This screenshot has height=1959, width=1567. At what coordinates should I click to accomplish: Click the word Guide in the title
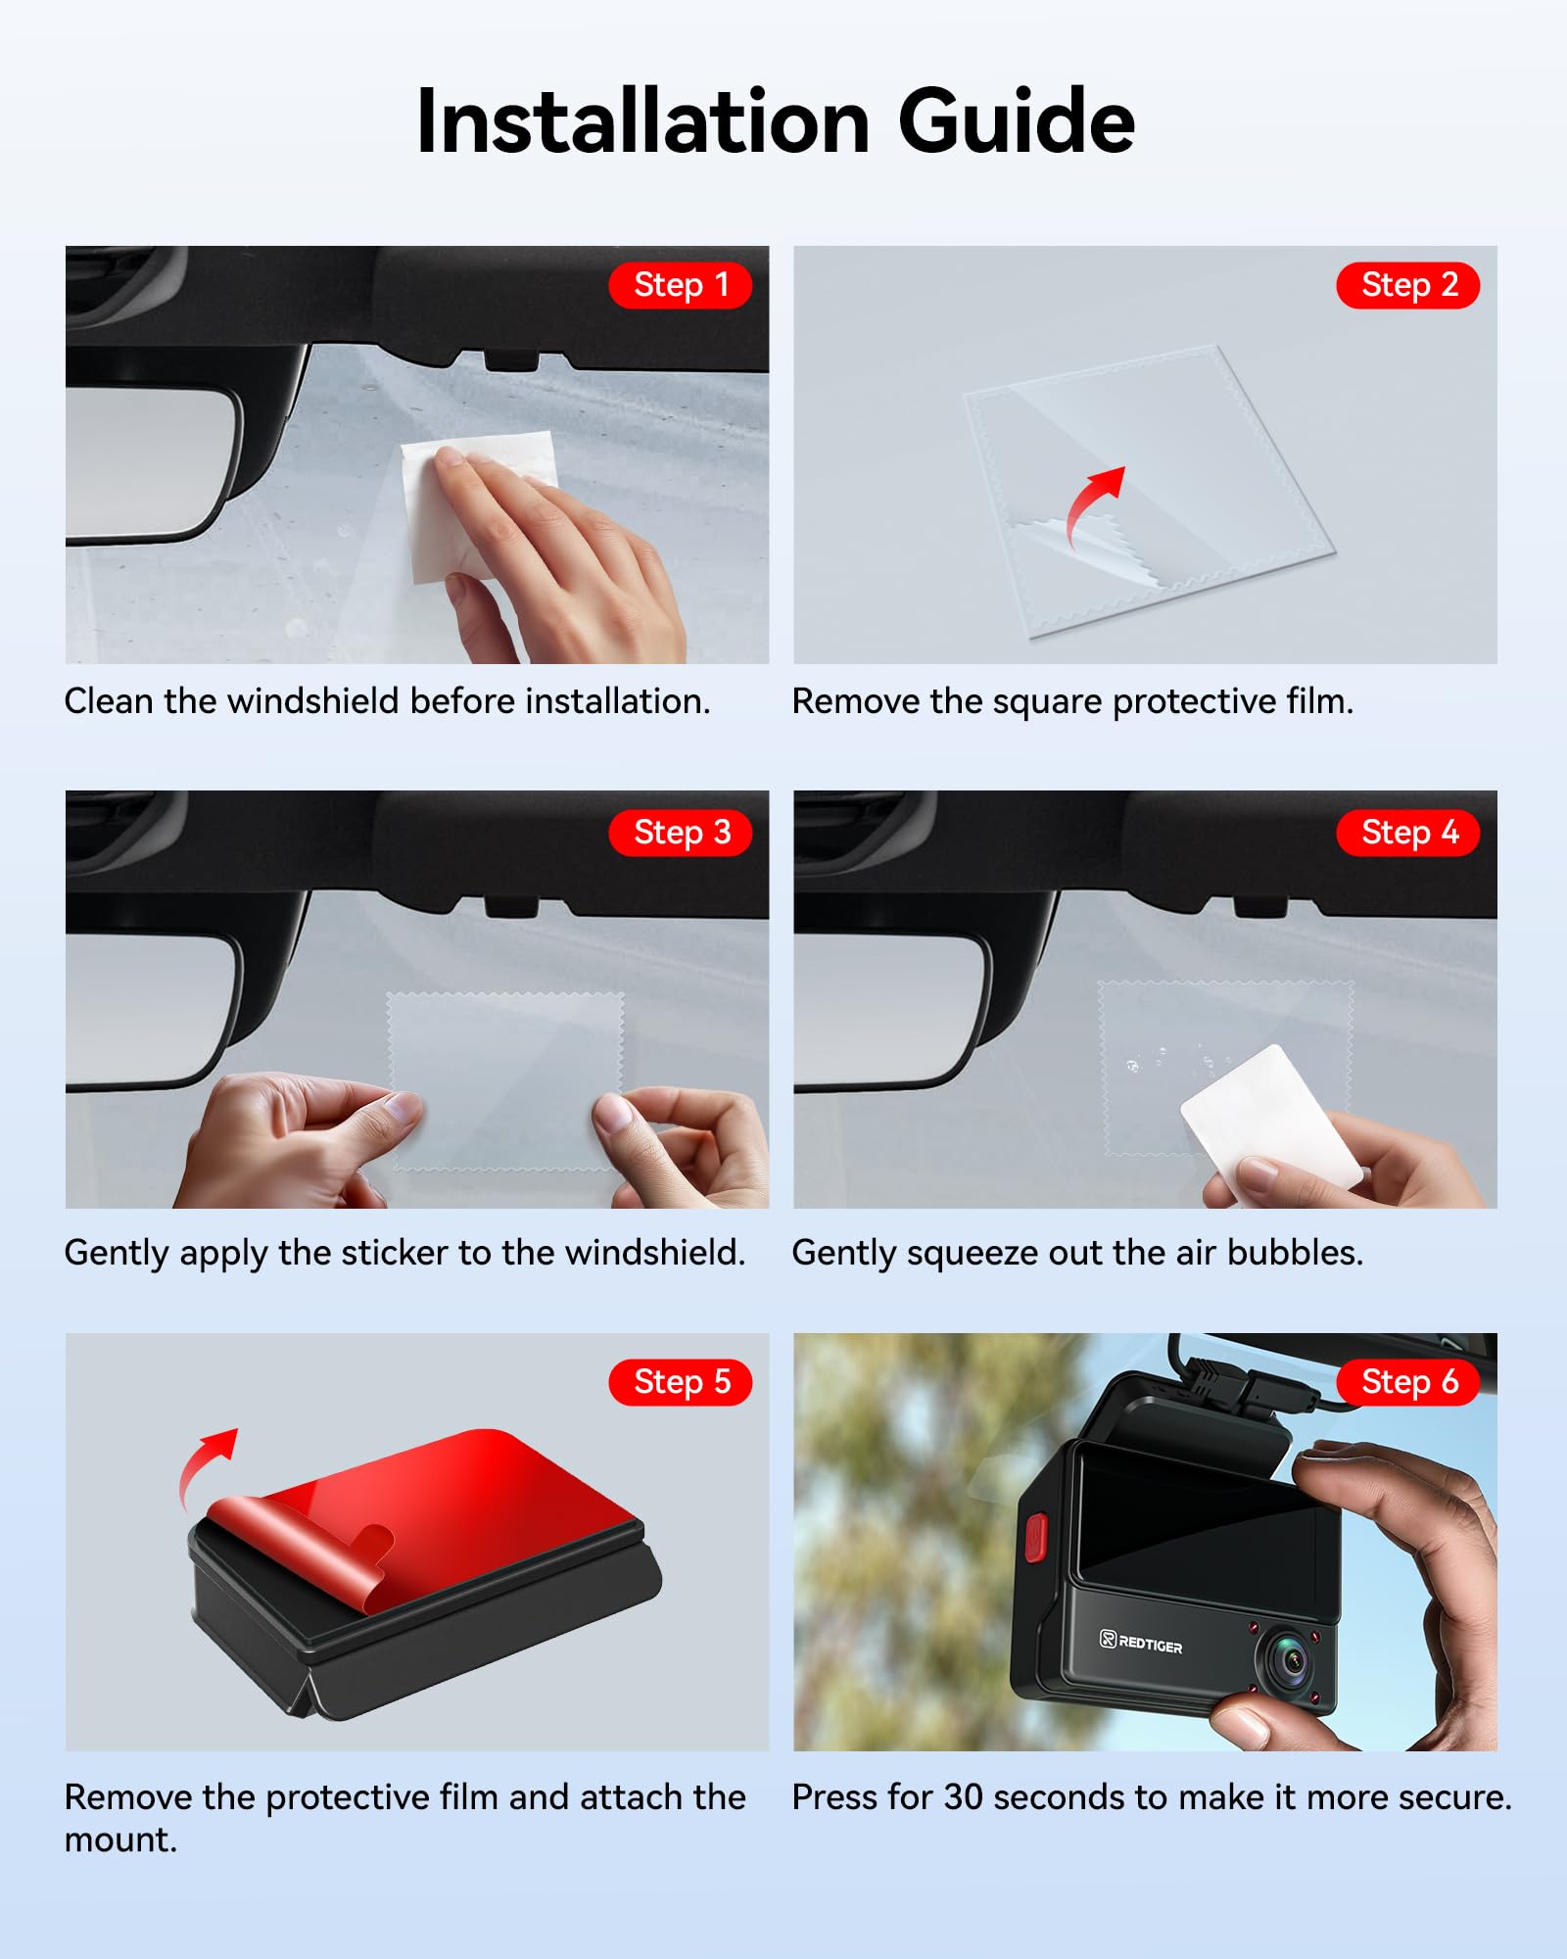tap(1016, 121)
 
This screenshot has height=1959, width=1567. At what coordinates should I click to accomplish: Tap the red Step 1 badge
tap(681, 285)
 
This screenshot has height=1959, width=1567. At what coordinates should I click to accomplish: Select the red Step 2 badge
tap(1408, 285)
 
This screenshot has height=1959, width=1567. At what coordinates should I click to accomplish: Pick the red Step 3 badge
tap(681, 833)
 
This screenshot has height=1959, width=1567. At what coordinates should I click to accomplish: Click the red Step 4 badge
tap(1408, 833)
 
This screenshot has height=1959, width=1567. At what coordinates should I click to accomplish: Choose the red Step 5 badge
tap(681, 1382)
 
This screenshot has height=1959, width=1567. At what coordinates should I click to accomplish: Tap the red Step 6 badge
tap(1408, 1382)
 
